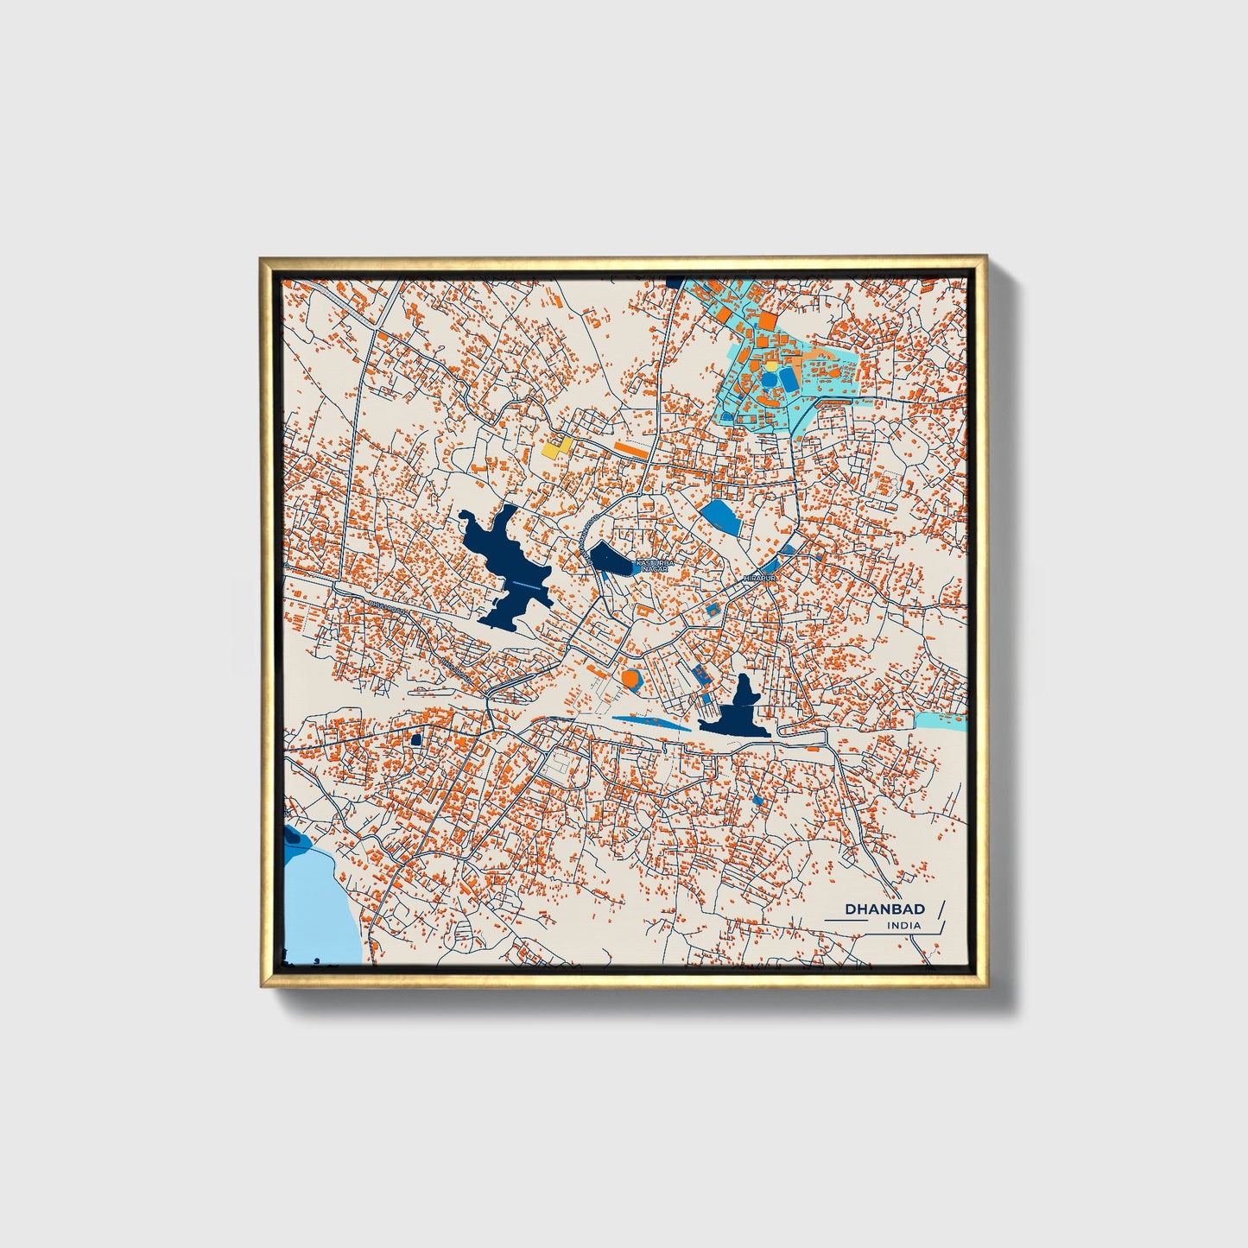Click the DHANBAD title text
point(884,909)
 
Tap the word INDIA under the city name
point(903,925)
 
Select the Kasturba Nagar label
point(649,565)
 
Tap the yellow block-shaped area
point(557,447)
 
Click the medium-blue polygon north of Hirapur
point(719,516)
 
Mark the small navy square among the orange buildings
point(415,738)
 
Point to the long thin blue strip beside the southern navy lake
point(652,721)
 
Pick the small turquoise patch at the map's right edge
point(940,720)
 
